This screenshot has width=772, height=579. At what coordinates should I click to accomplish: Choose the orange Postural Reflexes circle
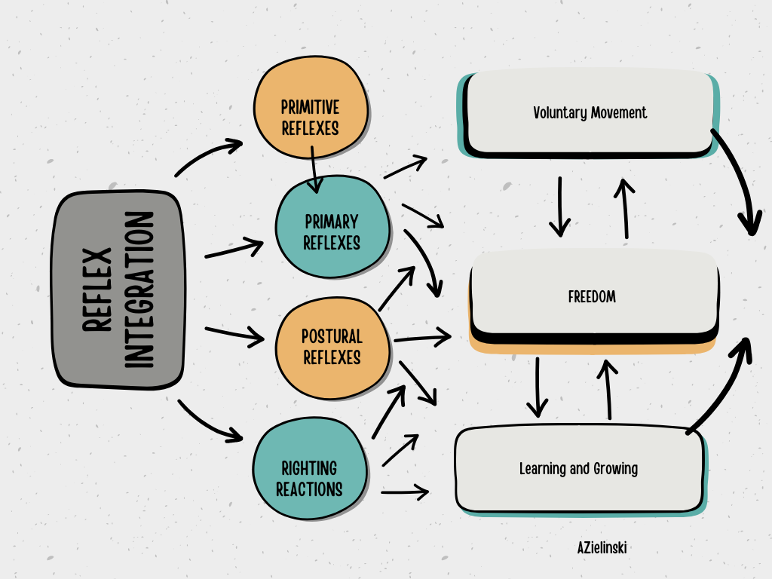pos(332,347)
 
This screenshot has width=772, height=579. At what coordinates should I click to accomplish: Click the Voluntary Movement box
pos(590,113)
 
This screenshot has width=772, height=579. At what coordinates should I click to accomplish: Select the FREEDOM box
pos(592,297)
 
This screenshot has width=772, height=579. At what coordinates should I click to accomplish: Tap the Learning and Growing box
pos(578,469)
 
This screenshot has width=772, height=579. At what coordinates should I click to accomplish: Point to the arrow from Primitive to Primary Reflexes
pos(314,167)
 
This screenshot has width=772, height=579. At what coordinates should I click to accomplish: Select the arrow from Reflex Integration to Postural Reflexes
pos(234,333)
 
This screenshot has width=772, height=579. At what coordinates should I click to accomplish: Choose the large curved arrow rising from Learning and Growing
pos(724,384)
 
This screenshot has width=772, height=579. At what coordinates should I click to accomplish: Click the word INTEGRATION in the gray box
pos(139,290)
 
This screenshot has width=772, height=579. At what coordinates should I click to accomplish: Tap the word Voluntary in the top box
pos(559,113)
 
